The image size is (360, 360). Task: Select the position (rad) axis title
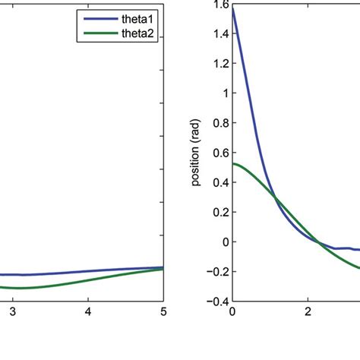197,152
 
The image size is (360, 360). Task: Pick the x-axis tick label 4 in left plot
88,311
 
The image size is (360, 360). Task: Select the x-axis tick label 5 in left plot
163,311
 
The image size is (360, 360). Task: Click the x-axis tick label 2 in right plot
309,311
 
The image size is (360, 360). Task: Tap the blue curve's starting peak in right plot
232,8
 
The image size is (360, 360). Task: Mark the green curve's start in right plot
233,164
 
